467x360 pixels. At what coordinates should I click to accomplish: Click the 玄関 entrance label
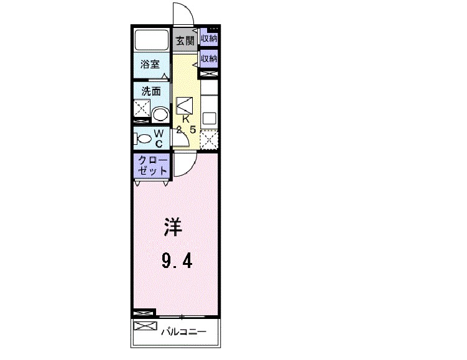[x=185, y=42]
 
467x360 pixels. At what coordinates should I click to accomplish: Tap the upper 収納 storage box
[x=209, y=39]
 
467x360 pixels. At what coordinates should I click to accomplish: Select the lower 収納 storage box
[x=209, y=59]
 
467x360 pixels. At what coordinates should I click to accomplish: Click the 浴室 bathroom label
[x=150, y=64]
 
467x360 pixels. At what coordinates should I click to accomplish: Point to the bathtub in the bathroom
[x=152, y=41]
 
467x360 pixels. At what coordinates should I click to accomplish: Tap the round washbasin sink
[x=160, y=115]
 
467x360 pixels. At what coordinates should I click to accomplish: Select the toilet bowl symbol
[x=142, y=139]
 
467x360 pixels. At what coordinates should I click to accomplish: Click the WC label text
[x=159, y=138]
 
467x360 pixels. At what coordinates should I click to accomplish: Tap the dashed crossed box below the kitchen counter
[x=209, y=139]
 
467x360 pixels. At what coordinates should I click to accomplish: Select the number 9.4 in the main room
[x=177, y=259]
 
